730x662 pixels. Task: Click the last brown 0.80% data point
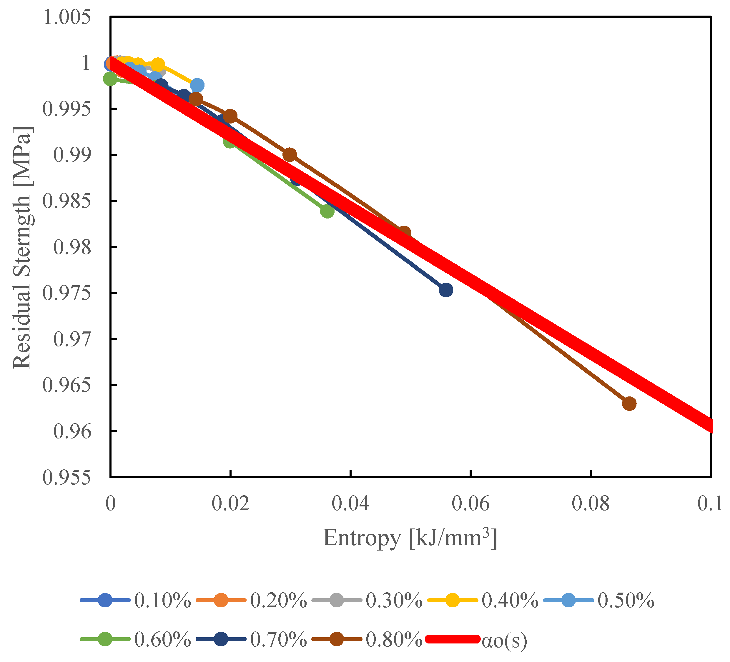[629, 403]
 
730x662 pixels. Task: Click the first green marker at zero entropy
[110, 79]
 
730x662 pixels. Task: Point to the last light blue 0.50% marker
[197, 85]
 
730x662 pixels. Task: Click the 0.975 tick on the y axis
[66, 293]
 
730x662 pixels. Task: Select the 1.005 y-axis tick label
[66, 17]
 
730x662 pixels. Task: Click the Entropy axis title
[410, 538]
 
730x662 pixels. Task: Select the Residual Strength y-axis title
[22, 248]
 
